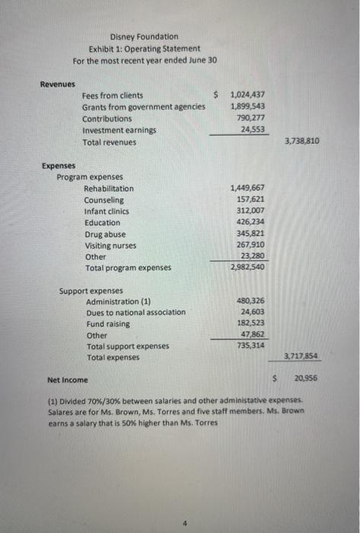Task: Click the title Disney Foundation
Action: click(145, 36)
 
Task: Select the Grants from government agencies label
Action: click(143, 107)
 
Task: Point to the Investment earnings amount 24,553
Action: click(253, 130)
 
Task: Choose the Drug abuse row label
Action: click(105, 235)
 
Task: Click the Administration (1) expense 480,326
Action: click(250, 301)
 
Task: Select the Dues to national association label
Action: click(135, 312)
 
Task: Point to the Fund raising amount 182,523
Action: click(250, 324)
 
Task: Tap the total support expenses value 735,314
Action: click(250, 346)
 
